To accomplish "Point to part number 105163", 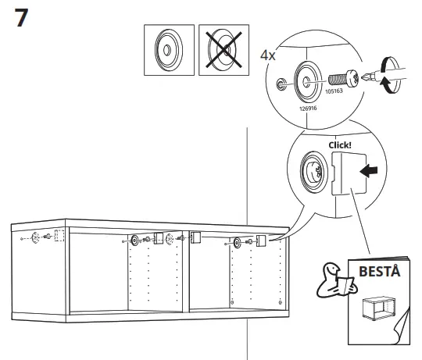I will (x=336, y=91).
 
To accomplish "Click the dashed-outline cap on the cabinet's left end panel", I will (x=59, y=236).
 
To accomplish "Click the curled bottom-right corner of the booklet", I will (x=405, y=329).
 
